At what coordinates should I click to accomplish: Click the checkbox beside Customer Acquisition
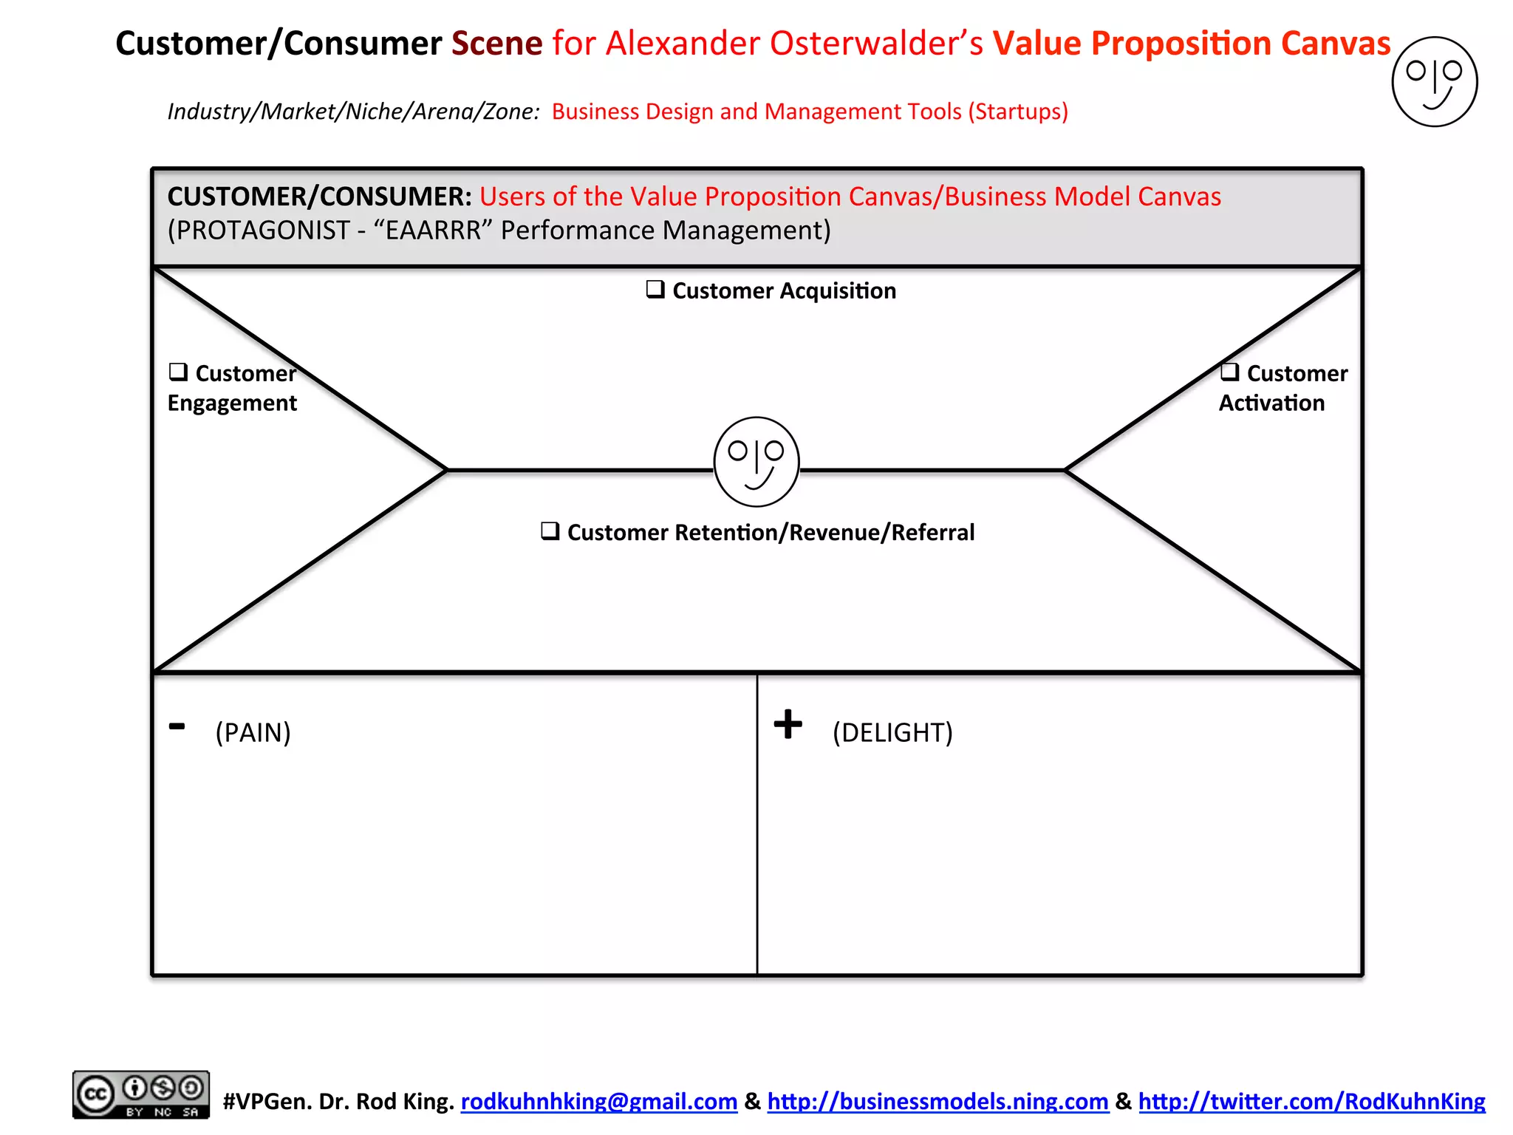pos(655,289)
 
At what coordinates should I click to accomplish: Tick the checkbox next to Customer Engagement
pos(177,371)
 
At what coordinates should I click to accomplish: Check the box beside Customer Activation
pos(1229,371)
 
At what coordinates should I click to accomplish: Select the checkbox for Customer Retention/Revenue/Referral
pos(550,531)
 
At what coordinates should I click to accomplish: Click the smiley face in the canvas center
pos(756,462)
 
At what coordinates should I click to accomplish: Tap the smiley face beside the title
pos(1434,82)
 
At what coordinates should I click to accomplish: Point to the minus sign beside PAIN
pos(177,726)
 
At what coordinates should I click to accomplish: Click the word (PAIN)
pos(253,732)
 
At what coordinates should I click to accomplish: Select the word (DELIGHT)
pos(892,732)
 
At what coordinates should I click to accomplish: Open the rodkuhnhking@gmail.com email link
pos(598,1101)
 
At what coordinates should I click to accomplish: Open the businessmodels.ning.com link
pos(937,1101)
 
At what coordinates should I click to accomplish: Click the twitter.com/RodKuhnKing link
pos(1311,1101)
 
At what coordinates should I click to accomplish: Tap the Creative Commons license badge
pos(140,1094)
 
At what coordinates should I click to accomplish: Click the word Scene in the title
pos(496,43)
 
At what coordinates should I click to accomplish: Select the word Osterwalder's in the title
pos(876,43)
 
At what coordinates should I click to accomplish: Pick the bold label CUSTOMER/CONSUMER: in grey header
pos(319,197)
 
